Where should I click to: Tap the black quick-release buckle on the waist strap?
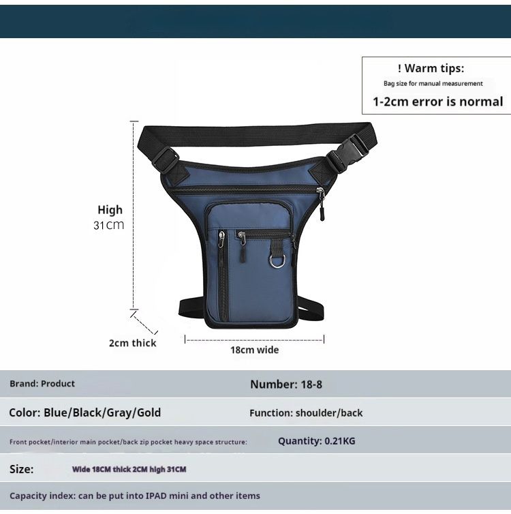348,151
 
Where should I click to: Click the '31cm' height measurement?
109,225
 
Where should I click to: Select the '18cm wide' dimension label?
255,350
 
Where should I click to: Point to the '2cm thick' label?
133,343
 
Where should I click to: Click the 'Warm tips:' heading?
431,68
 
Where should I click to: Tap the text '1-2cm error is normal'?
438,102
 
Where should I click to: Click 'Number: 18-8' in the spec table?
286,384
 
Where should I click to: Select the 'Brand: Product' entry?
42,384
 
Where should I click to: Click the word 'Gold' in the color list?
149,412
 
